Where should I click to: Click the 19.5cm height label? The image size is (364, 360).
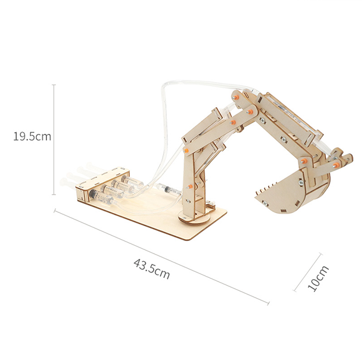(32, 136)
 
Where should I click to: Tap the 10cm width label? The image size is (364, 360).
(318, 278)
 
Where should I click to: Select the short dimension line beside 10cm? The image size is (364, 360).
(307, 273)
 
